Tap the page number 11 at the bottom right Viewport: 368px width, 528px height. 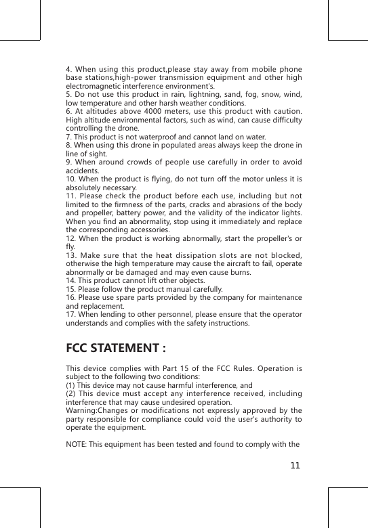294,466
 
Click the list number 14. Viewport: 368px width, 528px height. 70,282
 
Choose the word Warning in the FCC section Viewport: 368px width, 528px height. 82,410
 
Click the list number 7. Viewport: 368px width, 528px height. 68,136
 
